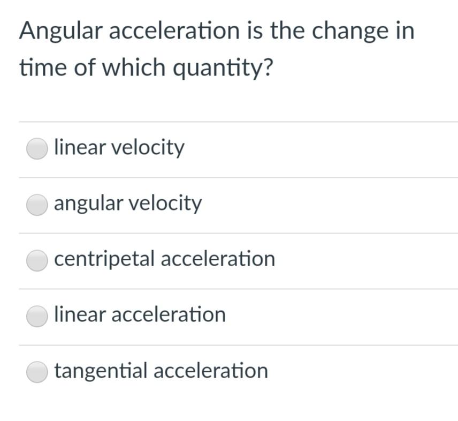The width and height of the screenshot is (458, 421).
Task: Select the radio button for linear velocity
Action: coord(37,149)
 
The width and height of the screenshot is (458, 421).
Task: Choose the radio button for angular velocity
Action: coord(37,205)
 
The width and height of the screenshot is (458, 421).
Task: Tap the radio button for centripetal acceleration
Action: coord(37,260)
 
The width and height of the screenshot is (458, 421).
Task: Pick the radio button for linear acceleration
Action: coord(37,316)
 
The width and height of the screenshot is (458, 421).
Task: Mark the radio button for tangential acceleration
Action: coord(37,372)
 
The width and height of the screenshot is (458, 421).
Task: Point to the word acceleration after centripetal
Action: coord(218,259)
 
